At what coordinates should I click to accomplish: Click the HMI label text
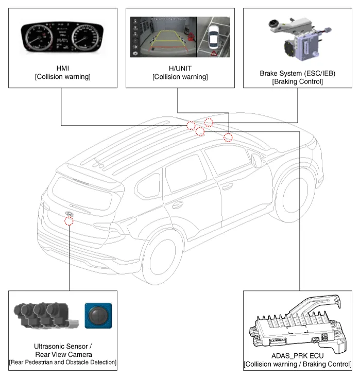pyautogui.click(x=60, y=67)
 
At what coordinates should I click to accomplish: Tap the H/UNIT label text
pyautogui.click(x=180, y=67)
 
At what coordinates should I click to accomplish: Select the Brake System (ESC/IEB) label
pyautogui.click(x=297, y=74)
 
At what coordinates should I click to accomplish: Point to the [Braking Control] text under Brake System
pyautogui.click(x=297, y=81)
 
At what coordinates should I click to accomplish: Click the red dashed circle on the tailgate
pyautogui.click(x=69, y=221)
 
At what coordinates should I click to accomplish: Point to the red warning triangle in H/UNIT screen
pyautogui.click(x=213, y=52)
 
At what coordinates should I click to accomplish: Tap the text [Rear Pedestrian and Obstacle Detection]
pyautogui.click(x=63, y=363)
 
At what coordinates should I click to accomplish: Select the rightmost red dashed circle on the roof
pyautogui.click(x=228, y=137)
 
